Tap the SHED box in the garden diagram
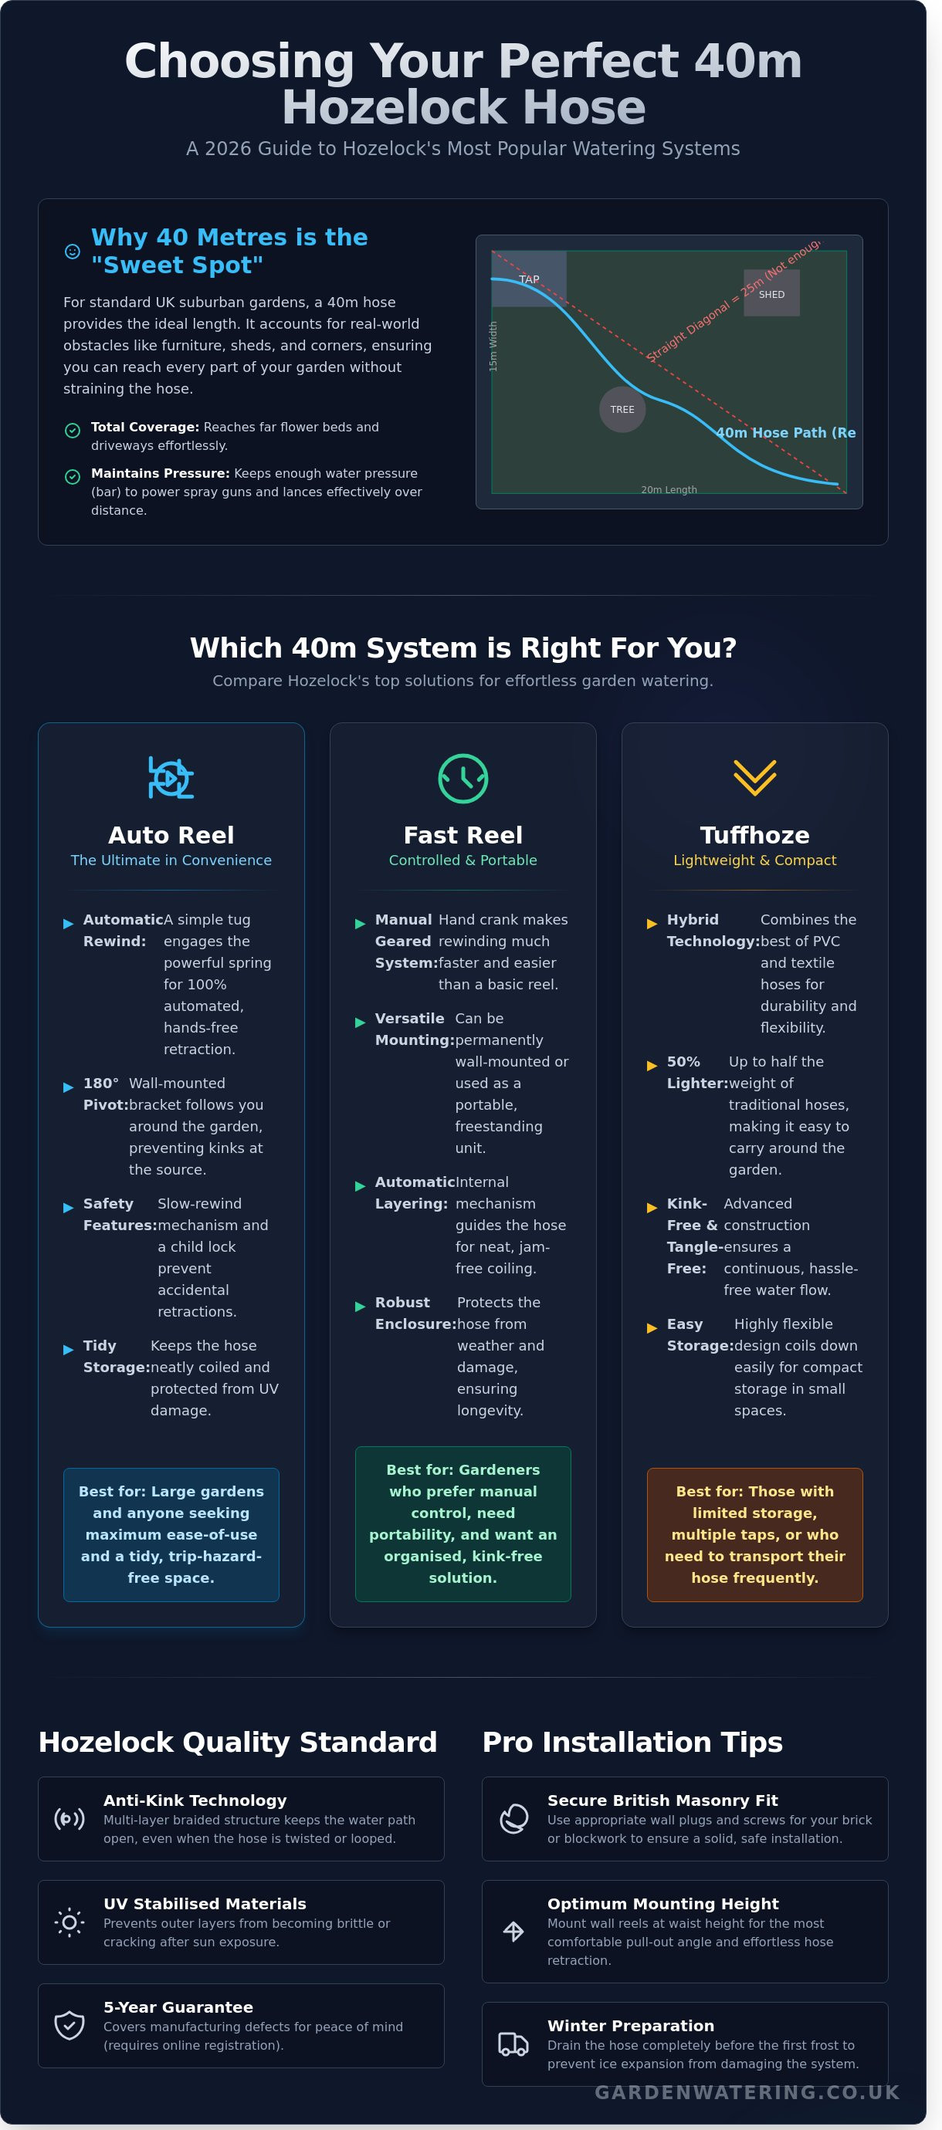point(771,292)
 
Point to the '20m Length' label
point(669,489)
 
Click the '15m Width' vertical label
point(493,347)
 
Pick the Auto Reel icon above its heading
point(171,777)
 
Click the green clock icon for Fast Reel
point(463,778)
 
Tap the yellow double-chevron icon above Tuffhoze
point(755,777)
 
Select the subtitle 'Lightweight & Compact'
point(755,860)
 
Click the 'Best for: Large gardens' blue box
point(171,1535)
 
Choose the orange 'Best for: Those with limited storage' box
point(755,1535)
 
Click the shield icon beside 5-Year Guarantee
point(69,2025)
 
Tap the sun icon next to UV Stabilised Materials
point(69,1922)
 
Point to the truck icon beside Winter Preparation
point(513,2044)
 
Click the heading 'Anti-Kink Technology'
point(195,1800)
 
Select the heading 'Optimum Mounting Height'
point(663,1903)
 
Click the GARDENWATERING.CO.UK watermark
point(747,2092)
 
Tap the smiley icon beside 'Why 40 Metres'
point(73,252)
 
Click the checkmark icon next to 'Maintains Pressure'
point(73,477)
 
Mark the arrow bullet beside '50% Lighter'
point(652,1066)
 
